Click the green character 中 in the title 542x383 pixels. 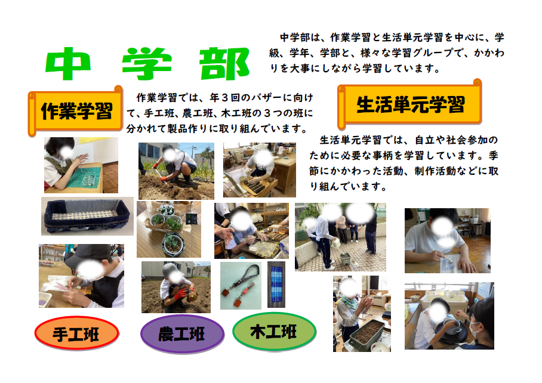pyautogui.click(x=68, y=63)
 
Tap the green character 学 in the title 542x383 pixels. pyautogui.click(x=147, y=64)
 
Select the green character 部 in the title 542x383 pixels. pyautogui.click(x=224, y=64)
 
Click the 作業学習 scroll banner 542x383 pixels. pyautogui.click(x=75, y=110)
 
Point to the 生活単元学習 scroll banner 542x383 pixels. pyautogui.click(x=410, y=104)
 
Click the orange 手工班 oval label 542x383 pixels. pyautogui.click(x=76, y=333)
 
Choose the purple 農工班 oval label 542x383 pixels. pyautogui.click(x=182, y=333)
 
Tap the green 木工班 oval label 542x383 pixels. pyautogui.click(x=274, y=332)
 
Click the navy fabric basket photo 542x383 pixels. pyautogui.click(x=87, y=216)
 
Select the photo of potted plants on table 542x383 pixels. pyautogui.click(x=169, y=229)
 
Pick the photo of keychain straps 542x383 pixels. pyautogui.click(x=241, y=286)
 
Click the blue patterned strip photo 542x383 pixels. pyautogui.click(x=276, y=285)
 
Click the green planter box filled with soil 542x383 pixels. pyautogui.click(x=367, y=331)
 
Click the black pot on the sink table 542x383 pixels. pyautogui.click(x=451, y=331)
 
